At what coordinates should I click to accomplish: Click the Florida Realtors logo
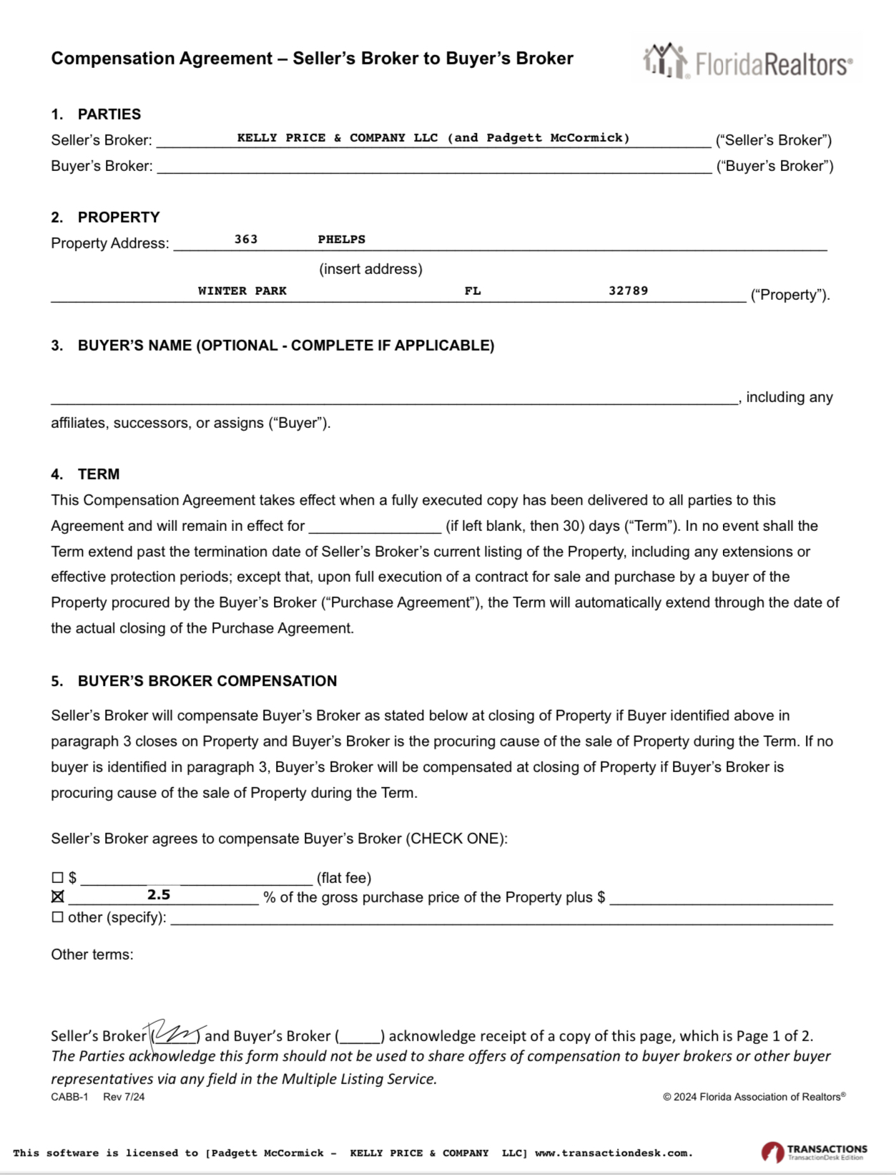(x=747, y=62)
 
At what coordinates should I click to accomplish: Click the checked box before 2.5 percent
(x=58, y=897)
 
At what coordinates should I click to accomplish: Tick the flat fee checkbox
(x=58, y=877)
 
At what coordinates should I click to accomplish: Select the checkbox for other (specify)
(x=58, y=917)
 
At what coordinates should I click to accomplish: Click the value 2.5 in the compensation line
(x=159, y=895)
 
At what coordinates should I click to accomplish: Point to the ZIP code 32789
(x=628, y=291)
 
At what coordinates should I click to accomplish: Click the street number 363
(x=246, y=239)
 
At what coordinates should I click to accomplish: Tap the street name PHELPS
(x=341, y=239)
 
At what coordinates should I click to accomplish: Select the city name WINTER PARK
(x=242, y=291)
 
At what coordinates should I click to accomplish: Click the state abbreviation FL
(x=473, y=291)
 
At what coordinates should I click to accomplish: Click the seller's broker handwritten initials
(x=175, y=1033)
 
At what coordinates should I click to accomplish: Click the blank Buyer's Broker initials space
(x=360, y=1036)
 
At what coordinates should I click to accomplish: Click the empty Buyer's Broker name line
(x=434, y=166)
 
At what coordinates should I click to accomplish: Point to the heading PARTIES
(x=109, y=114)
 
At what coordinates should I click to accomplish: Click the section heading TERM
(x=99, y=474)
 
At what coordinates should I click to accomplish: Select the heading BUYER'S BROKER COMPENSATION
(x=207, y=681)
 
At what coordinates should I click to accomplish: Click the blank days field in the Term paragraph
(x=375, y=526)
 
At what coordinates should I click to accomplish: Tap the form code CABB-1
(x=69, y=1097)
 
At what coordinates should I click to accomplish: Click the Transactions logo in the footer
(x=814, y=1152)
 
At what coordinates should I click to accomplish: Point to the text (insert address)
(x=370, y=269)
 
